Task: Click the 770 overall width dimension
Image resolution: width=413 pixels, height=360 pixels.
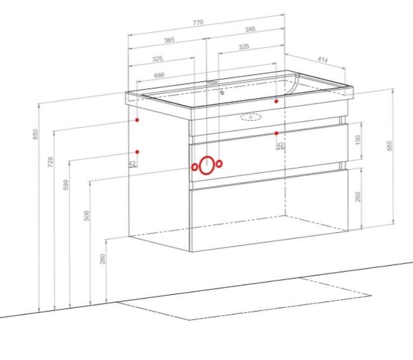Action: pyautogui.click(x=198, y=23)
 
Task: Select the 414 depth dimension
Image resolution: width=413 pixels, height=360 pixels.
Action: pyautogui.click(x=323, y=60)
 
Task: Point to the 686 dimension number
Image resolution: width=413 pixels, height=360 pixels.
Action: pyautogui.click(x=159, y=75)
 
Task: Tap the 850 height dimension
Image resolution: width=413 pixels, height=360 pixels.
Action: pyautogui.click(x=36, y=134)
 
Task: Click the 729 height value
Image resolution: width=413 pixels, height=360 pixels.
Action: pyautogui.click(x=50, y=162)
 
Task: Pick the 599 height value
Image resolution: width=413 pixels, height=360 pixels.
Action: pyautogui.click(x=66, y=184)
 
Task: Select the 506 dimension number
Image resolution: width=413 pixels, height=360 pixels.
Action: pyautogui.click(x=86, y=216)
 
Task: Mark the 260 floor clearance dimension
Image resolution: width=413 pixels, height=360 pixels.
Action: pyautogui.click(x=102, y=259)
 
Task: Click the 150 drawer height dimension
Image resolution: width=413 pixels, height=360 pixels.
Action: pyautogui.click(x=358, y=140)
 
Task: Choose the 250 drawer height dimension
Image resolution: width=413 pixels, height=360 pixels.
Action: pyautogui.click(x=358, y=197)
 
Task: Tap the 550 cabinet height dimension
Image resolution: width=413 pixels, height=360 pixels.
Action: pyautogui.click(x=389, y=146)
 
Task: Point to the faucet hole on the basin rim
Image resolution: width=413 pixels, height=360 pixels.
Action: pyautogui.click(x=212, y=82)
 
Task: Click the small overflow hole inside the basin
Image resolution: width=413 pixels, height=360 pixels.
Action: pyautogui.click(x=222, y=93)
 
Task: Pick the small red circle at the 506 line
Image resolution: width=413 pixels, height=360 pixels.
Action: pyautogui.click(x=194, y=167)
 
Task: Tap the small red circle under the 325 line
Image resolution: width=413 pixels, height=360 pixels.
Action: pyautogui.click(x=219, y=164)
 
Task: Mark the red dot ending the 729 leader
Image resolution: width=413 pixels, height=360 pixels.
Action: pyautogui.click(x=137, y=120)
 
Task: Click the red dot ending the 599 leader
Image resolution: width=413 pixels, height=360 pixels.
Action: pyautogui.click(x=137, y=152)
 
